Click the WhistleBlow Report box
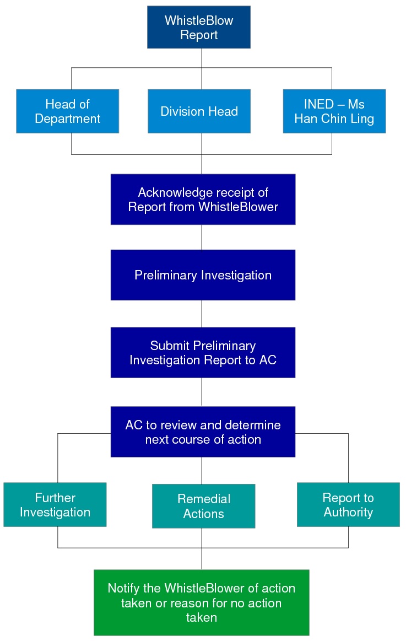tap(199, 27)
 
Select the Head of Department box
tap(67, 111)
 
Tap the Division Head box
tap(199, 111)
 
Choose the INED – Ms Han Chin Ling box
tap(334, 111)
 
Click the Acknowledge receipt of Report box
tap(203, 200)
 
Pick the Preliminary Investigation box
tap(203, 275)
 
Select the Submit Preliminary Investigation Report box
tap(203, 352)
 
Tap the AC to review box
tap(203, 432)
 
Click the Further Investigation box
tap(55, 504)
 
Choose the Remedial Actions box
tap(203, 506)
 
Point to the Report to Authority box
tap(348, 504)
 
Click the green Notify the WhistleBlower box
tap(202, 602)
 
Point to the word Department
tap(67, 119)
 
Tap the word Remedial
tap(204, 499)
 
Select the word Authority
tap(348, 512)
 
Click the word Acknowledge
tap(170, 192)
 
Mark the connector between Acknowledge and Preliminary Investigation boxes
tap(202, 237)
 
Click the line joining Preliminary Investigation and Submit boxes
tap(202, 314)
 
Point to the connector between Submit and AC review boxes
tap(202, 392)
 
